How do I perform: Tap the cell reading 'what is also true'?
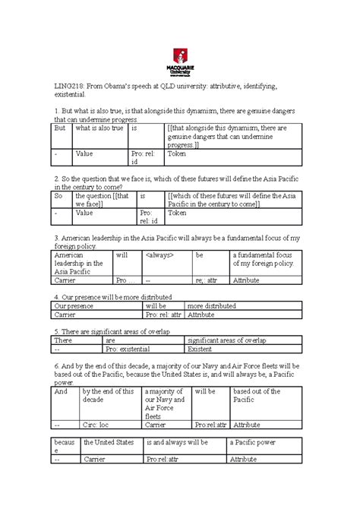point(95,128)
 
